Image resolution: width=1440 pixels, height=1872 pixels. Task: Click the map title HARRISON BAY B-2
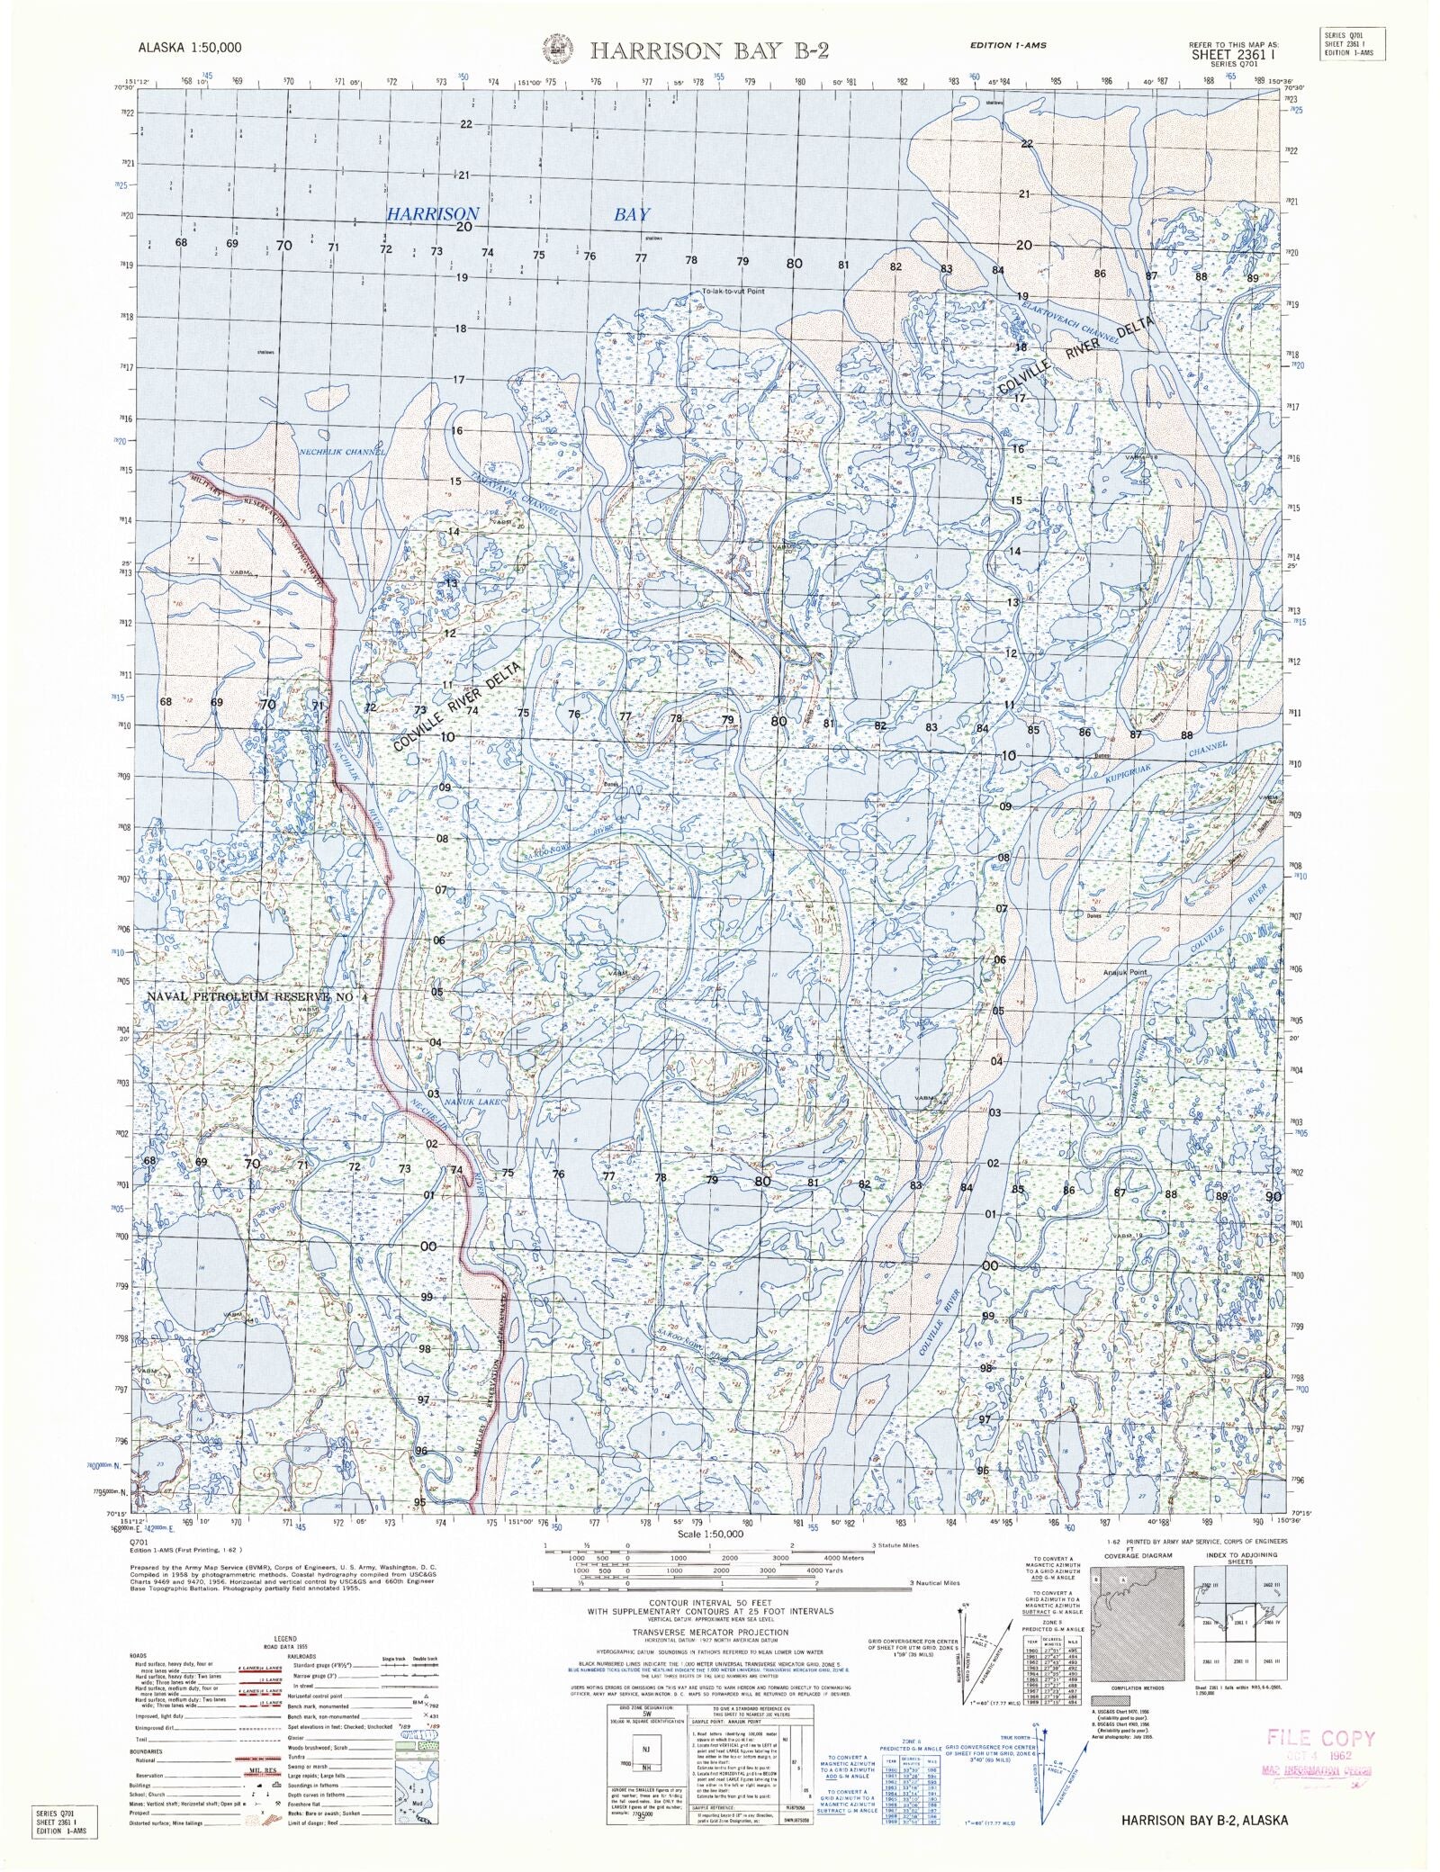tap(708, 50)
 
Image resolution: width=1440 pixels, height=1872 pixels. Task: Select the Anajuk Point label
tap(1125, 973)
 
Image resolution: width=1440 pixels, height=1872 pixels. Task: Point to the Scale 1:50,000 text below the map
tap(710, 1534)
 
